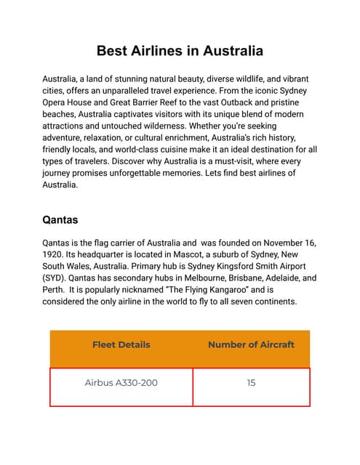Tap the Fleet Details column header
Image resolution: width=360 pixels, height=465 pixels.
(x=121, y=344)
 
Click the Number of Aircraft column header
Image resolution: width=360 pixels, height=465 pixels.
(x=251, y=344)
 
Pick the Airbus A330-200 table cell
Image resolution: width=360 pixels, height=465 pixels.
(x=121, y=383)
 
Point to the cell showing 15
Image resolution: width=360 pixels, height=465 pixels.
(x=251, y=383)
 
